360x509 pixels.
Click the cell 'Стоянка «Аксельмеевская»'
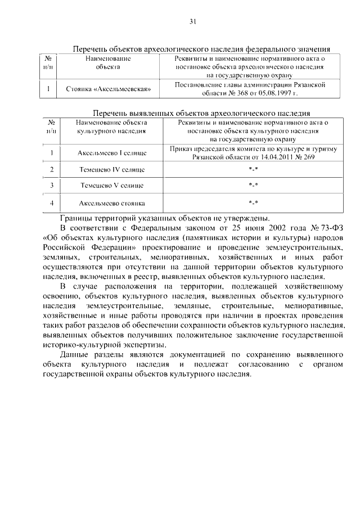click(x=112, y=88)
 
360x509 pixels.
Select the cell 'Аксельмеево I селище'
click(x=112, y=153)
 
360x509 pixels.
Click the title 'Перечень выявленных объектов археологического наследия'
click(x=201, y=112)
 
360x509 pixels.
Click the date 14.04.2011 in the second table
click(x=273, y=157)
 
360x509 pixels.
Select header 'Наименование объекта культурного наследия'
click(x=112, y=125)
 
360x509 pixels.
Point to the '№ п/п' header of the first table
click(x=48, y=62)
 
